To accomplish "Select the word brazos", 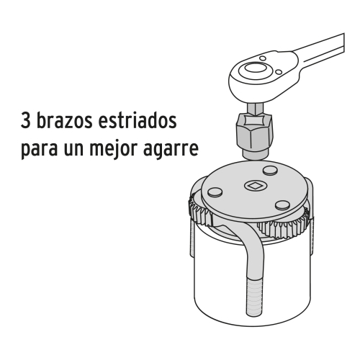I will pos(63,120).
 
